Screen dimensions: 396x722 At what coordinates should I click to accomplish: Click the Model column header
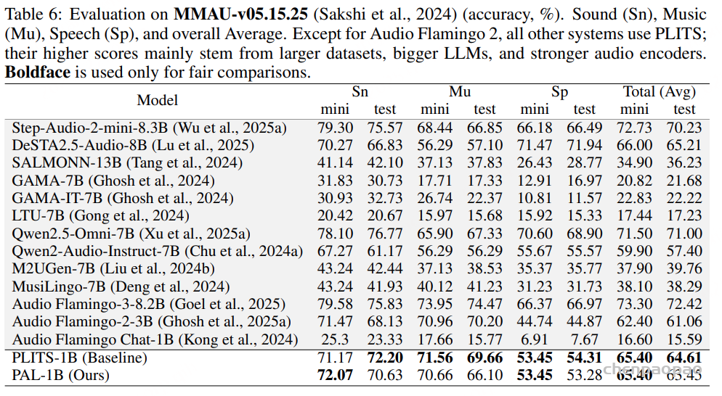click(x=158, y=100)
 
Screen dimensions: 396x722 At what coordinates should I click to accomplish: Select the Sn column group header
click(x=360, y=92)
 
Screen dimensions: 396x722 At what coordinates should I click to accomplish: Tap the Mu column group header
click(x=460, y=92)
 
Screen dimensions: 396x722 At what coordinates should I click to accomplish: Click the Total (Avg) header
click(x=660, y=92)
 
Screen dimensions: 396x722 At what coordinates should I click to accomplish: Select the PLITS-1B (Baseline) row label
click(x=80, y=357)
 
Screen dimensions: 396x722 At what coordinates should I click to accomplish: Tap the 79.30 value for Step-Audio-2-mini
click(x=335, y=128)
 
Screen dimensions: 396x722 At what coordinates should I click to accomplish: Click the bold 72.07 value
click(x=335, y=374)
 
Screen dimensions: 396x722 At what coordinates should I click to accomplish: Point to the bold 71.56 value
click(x=435, y=357)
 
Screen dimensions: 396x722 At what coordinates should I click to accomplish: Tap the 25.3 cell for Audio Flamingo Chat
click(x=335, y=339)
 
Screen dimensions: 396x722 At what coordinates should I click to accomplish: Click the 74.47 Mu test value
click(x=484, y=304)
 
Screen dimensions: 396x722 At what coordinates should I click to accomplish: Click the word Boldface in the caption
click(x=37, y=73)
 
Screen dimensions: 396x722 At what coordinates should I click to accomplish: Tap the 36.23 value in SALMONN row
click(x=684, y=162)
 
